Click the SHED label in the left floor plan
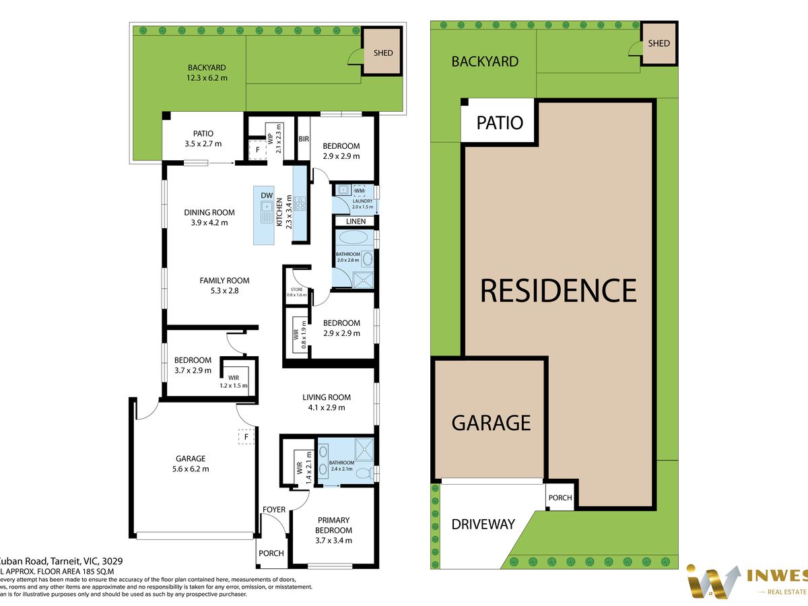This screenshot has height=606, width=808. tap(383, 53)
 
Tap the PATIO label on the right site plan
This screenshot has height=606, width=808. tap(500, 123)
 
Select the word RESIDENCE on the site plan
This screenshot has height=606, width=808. tap(558, 291)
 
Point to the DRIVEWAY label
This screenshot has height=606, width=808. tap(483, 524)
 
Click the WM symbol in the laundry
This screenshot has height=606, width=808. tap(359, 191)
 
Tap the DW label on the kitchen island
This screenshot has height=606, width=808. tap(267, 196)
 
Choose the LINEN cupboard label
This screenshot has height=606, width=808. tap(356, 222)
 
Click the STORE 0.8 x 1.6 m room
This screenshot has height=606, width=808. tap(297, 292)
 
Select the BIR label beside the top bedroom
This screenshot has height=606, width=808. tap(303, 139)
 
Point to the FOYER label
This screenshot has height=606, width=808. tap(274, 510)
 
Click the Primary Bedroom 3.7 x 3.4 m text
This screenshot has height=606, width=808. tap(335, 530)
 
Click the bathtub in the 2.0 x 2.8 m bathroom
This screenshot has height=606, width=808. tap(353, 238)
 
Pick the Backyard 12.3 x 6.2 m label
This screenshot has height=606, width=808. tap(207, 73)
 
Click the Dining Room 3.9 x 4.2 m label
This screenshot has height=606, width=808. tap(209, 217)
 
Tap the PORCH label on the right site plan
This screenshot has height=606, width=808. tap(560, 498)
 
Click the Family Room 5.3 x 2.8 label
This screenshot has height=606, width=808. tap(224, 285)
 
